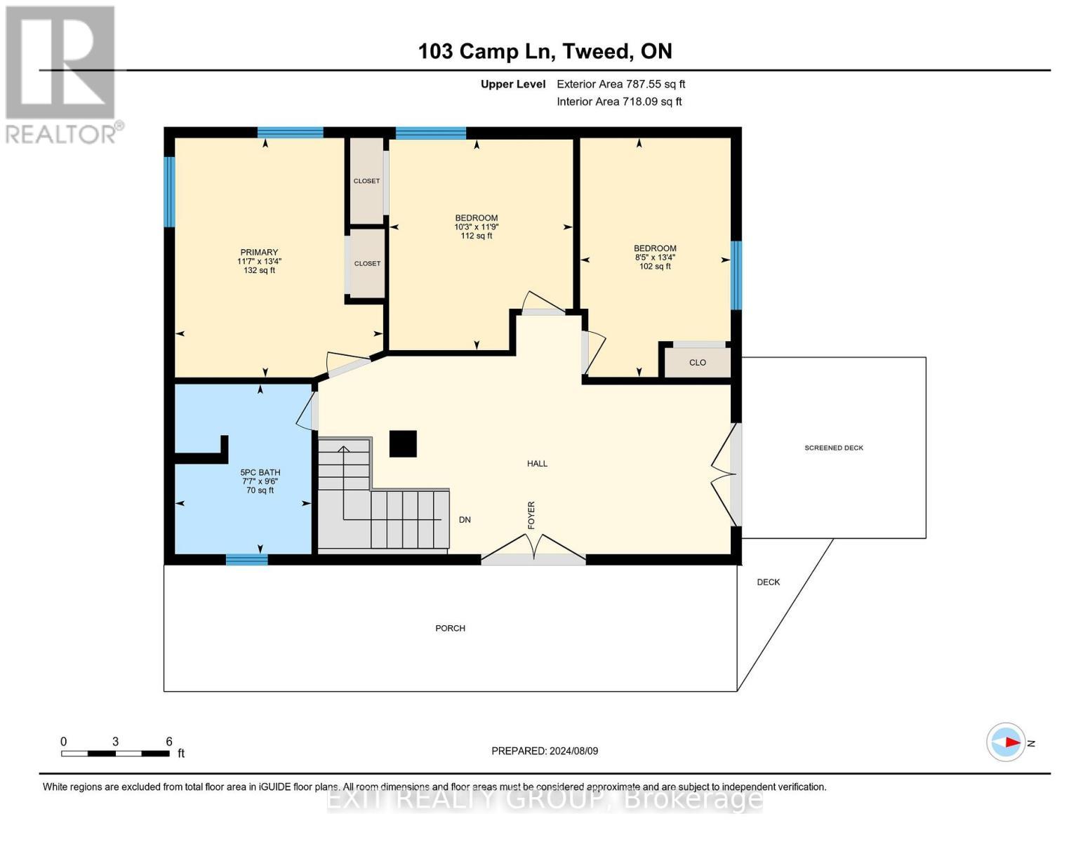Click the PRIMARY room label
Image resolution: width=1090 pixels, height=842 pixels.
[259, 253]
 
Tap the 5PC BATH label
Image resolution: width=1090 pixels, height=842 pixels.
[260, 472]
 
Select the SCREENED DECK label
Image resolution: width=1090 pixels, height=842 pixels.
[834, 448]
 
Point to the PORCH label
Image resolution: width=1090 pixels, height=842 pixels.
[450, 628]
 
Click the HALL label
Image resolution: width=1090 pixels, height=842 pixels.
[538, 463]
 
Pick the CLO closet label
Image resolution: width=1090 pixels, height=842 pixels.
[698, 363]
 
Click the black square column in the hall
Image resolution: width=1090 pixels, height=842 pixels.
[403, 443]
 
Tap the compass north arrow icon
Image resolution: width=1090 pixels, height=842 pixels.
[1006, 742]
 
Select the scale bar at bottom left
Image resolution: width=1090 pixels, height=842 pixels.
[115, 754]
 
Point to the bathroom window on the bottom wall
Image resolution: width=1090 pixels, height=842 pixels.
[246, 559]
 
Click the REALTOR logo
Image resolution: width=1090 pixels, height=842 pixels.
[62, 74]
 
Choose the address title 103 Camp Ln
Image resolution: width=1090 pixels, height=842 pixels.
[545, 51]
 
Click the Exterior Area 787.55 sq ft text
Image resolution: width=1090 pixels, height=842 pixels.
[620, 84]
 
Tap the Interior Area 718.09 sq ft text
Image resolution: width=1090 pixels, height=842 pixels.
[619, 102]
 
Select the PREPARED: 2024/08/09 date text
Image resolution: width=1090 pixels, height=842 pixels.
[545, 751]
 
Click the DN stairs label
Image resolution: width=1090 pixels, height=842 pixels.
[465, 520]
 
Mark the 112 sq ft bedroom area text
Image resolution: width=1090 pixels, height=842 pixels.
[477, 236]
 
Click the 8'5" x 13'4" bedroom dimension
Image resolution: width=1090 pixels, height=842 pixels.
[655, 258]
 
